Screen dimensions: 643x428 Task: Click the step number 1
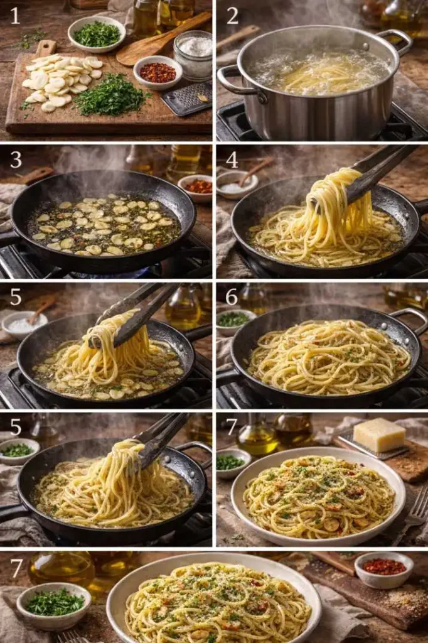pyautogui.click(x=15, y=16)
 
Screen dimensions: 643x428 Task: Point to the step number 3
pyautogui.click(x=16, y=159)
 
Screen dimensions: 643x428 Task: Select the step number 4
pyautogui.click(x=232, y=159)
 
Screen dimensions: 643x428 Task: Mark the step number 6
pyautogui.click(x=232, y=296)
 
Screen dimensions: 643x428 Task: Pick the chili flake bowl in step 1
pyautogui.click(x=158, y=73)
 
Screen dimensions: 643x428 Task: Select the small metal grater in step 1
pyautogui.click(x=186, y=99)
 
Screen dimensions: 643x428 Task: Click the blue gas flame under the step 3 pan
pyautogui.click(x=104, y=274)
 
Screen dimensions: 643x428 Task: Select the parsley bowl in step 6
pyautogui.click(x=233, y=320)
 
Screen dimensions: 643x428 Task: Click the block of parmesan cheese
pyautogui.click(x=379, y=435)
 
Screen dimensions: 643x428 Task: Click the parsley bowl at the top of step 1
pyautogui.click(x=97, y=35)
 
